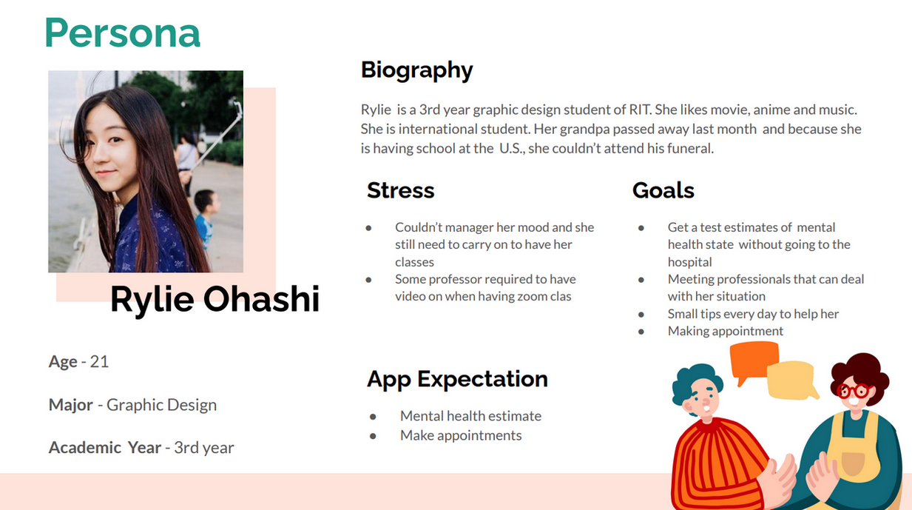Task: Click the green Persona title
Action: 123,33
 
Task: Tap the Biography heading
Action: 416,70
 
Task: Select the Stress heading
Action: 401,189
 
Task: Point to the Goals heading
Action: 663,189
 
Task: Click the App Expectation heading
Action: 457,379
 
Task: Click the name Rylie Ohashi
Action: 215,299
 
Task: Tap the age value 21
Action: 99,362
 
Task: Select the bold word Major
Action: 71,405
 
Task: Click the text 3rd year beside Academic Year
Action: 204,448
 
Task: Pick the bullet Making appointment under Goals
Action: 725,331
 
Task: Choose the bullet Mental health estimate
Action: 470,416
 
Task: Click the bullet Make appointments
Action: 461,435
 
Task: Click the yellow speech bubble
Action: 792,381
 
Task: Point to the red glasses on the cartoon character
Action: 854,391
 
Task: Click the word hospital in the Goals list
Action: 689,262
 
